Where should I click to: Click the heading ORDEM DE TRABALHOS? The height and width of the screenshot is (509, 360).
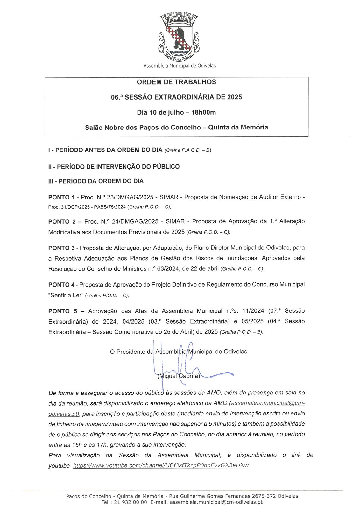[176, 82]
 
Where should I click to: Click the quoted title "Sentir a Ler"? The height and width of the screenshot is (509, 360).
[66, 295]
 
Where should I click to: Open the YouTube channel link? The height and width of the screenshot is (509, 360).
[161, 465]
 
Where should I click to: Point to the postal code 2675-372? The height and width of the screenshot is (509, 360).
[264, 496]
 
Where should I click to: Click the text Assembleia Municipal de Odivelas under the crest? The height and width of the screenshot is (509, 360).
[180, 66]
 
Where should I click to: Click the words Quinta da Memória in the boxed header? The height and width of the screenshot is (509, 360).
[238, 128]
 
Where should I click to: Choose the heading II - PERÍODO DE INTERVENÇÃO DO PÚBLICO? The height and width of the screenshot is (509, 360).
[114, 166]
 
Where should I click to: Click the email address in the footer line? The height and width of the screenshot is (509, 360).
[216, 502]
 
